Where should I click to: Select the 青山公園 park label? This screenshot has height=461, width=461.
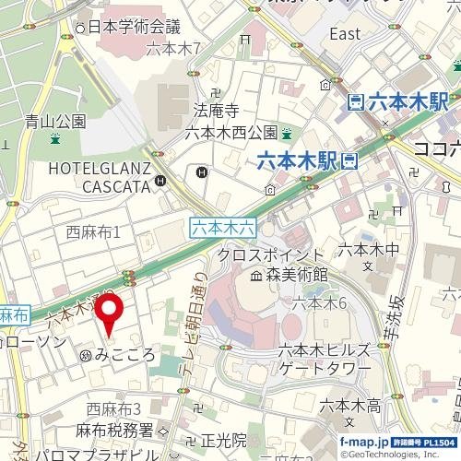coord(55,120)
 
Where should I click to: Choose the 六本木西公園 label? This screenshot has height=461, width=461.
coord(230,132)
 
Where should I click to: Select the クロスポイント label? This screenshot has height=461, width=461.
coord(270,254)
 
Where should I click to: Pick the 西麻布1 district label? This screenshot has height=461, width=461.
coord(107,232)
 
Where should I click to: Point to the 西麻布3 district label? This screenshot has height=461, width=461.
coord(113,408)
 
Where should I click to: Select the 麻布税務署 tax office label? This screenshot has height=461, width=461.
coord(121,431)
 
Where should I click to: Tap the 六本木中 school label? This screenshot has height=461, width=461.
coord(368,249)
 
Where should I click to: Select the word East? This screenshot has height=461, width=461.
coord(345,34)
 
